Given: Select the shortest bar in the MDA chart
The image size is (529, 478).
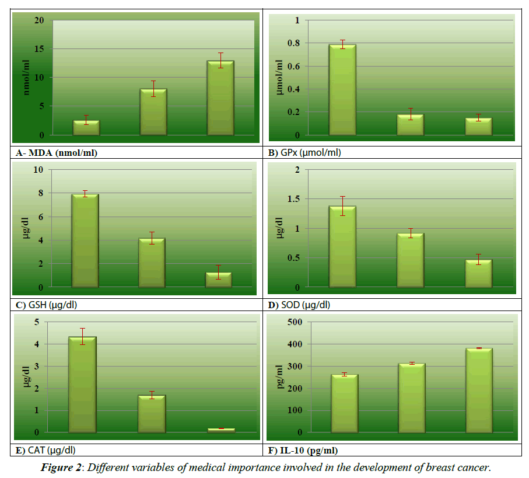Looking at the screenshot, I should click(x=85, y=128).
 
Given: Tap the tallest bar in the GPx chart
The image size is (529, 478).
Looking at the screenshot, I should click(x=342, y=90).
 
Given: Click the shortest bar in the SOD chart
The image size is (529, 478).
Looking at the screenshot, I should click(x=478, y=273).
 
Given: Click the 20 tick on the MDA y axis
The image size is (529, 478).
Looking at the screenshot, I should click(x=39, y=20).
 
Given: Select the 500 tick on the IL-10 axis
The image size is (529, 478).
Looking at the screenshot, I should click(x=295, y=322).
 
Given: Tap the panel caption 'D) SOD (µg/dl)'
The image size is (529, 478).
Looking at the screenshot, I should click(x=299, y=305).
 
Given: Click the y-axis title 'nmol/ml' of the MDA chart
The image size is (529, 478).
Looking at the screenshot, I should click(x=26, y=78).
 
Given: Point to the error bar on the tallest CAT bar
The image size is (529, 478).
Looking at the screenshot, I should click(x=82, y=336).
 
